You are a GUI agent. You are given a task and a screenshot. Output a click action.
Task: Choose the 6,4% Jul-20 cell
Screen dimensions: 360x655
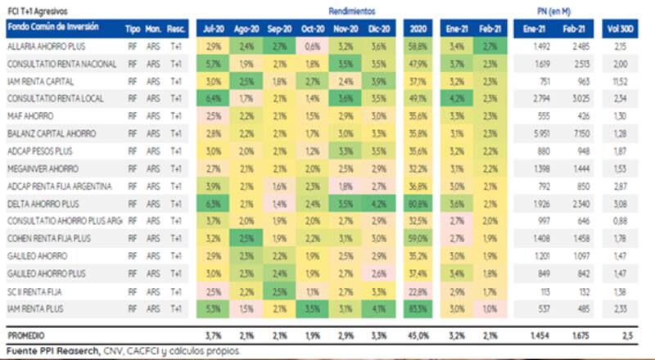click(214, 99)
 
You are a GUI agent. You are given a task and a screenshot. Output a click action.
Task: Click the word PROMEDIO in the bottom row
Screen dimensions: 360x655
click(26, 335)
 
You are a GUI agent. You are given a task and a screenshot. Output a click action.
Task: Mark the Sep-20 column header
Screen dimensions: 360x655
click(279, 29)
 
